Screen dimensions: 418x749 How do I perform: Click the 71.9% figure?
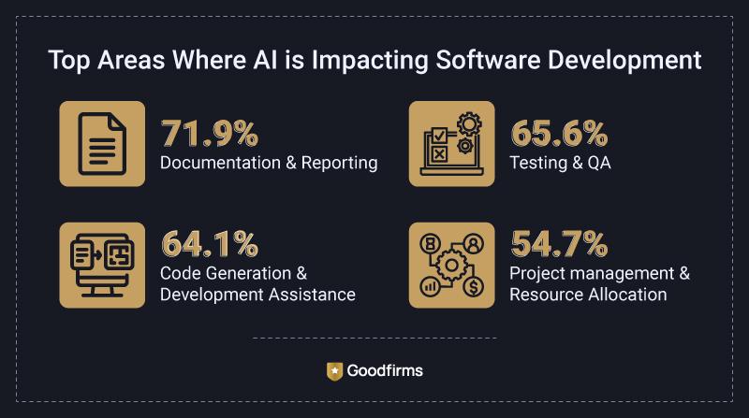[x=209, y=135]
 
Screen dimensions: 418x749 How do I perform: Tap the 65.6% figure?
[x=558, y=135]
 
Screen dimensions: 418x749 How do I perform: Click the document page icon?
[x=102, y=143]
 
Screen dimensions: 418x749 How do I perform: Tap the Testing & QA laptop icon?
[x=451, y=143]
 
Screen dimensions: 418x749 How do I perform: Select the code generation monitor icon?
[x=102, y=266]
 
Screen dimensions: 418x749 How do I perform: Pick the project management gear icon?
[x=451, y=266]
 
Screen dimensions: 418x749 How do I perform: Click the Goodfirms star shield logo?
[x=334, y=370]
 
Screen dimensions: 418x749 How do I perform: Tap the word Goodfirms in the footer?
[x=385, y=370]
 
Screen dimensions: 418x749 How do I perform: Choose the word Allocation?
[x=624, y=295]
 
